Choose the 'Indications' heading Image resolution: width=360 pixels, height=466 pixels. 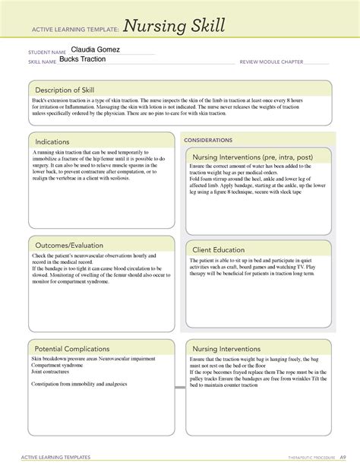pos(52,141)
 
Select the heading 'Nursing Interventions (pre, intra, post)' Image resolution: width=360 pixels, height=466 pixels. pos(256,157)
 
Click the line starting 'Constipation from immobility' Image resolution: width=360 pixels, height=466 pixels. pos(79,385)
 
